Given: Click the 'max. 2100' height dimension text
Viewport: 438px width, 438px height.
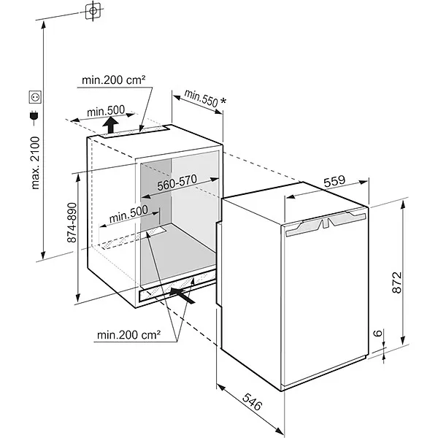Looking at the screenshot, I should click(34, 166).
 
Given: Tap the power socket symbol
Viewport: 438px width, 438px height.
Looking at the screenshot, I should click(34, 96).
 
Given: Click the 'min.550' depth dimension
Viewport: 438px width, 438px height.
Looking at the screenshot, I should click(201, 98).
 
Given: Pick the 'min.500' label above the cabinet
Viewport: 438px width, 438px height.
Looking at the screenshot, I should click(106, 111).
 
